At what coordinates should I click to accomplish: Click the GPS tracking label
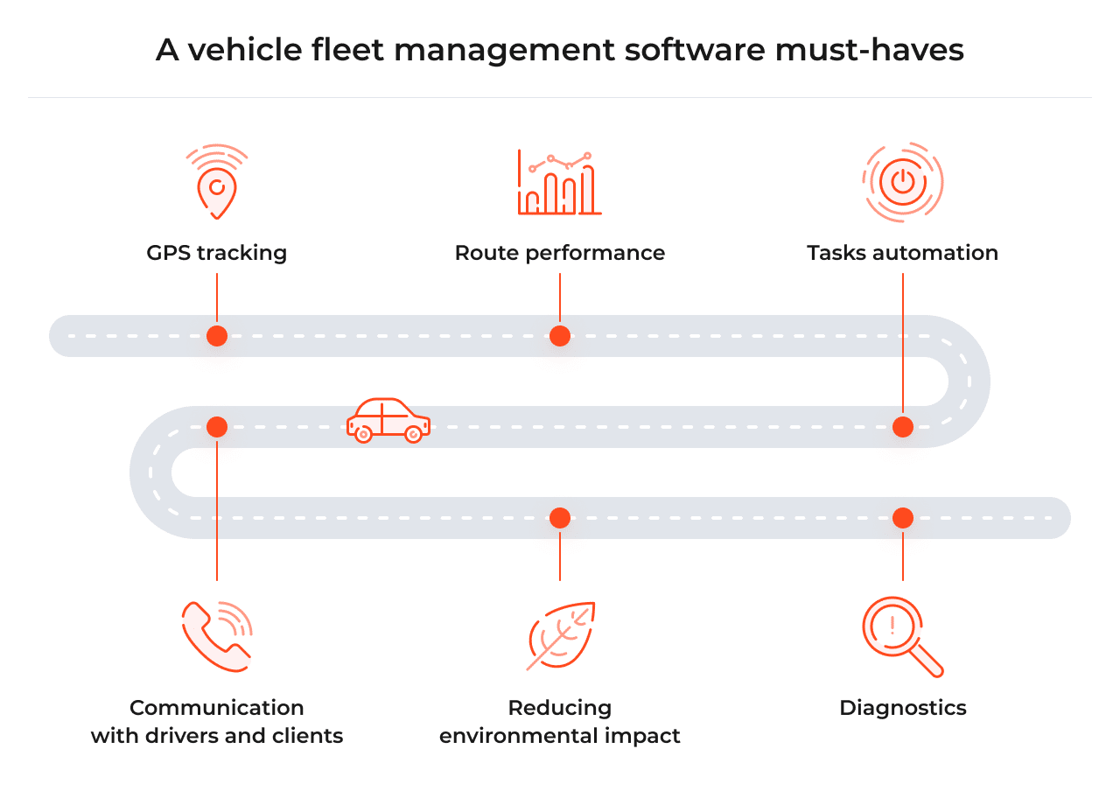coord(216,253)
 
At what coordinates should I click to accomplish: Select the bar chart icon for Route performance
coord(559,184)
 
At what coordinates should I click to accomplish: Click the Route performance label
coord(559,253)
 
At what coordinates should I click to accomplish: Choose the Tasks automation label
coord(902,253)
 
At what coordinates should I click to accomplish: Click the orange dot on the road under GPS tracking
coord(217,336)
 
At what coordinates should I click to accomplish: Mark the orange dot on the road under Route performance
coord(560,336)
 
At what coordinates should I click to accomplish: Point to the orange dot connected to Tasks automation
coord(903,427)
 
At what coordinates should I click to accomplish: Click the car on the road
coord(388,419)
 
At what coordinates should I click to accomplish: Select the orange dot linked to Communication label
coord(217,427)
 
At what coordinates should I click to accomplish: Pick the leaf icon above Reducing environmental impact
coord(561,636)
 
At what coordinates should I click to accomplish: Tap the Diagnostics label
coord(902,708)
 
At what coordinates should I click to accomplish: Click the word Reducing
coord(559,708)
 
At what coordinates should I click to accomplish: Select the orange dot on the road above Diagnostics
coord(903,518)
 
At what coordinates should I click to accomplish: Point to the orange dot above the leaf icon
coord(560,518)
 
